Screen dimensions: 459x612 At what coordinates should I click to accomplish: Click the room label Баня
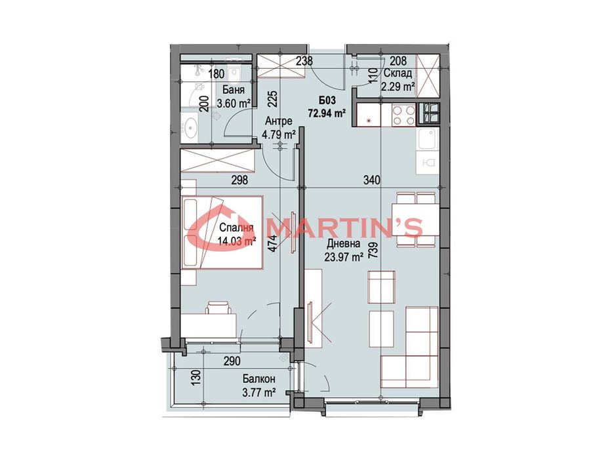click(x=234, y=90)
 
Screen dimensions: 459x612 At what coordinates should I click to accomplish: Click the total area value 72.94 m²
click(x=327, y=113)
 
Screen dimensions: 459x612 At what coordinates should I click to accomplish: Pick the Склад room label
click(x=399, y=74)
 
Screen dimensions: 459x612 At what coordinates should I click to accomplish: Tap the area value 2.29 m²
click(x=399, y=86)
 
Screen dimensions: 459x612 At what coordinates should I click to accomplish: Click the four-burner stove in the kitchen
click(x=403, y=115)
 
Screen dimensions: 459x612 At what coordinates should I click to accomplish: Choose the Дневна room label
click(x=344, y=245)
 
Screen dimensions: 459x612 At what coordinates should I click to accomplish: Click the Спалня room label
click(x=233, y=229)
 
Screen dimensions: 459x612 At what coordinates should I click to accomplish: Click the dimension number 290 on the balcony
click(x=232, y=361)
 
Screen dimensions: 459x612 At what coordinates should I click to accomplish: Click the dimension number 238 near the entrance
click(x=303, y=62)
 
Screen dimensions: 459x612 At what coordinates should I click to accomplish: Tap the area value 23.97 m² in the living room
click(x=344, y=258)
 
